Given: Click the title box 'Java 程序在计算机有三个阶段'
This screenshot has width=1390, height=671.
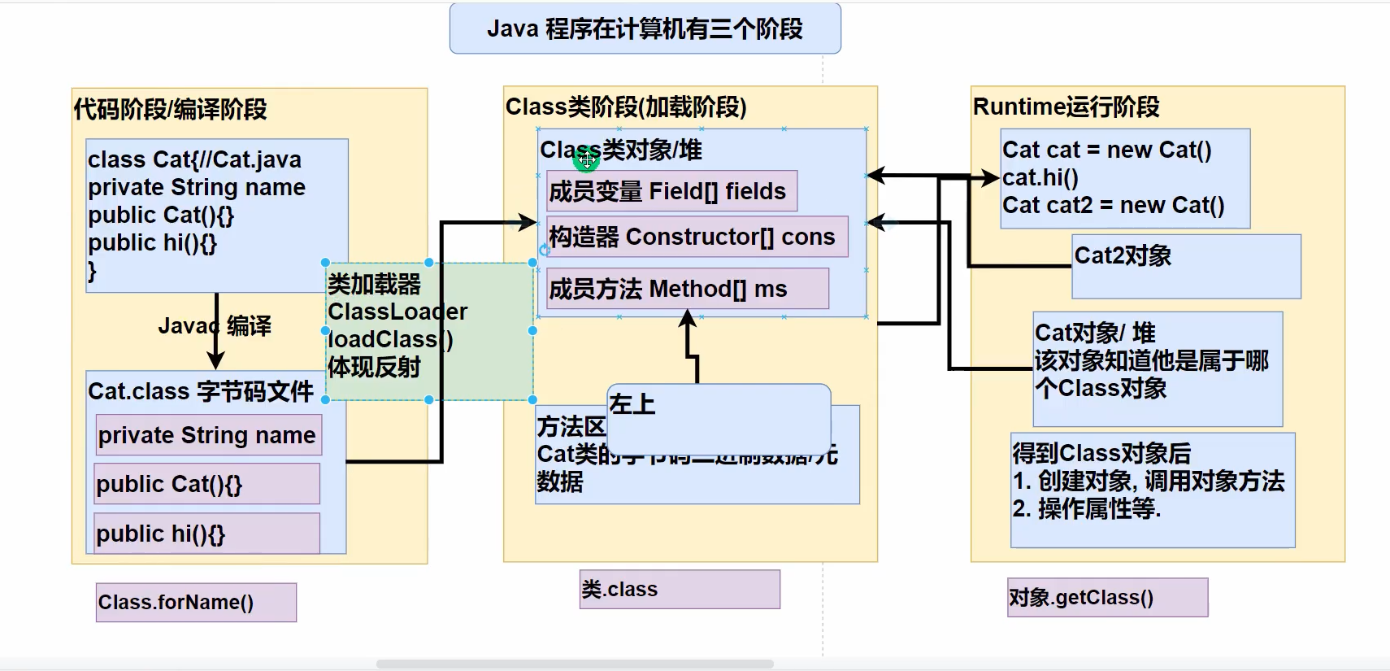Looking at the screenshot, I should (645, 29).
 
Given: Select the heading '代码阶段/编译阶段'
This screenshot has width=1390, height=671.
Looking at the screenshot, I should (170, 109).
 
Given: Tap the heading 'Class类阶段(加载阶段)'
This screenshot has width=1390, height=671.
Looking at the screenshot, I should (626, 107).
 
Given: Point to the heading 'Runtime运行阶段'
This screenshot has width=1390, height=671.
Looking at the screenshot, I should (1066, 107).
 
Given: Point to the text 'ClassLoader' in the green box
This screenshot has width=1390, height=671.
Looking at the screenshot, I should (397, 312).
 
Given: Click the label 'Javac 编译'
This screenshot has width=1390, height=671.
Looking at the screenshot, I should (215, 326).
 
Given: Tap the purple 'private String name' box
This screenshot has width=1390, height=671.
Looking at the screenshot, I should (208, 435).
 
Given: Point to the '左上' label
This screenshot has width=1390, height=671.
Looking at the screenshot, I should (632, 404).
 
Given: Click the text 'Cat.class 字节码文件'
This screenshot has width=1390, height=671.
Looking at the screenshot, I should (200, 391).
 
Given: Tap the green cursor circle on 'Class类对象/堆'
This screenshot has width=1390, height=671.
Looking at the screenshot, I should (586, 160).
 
